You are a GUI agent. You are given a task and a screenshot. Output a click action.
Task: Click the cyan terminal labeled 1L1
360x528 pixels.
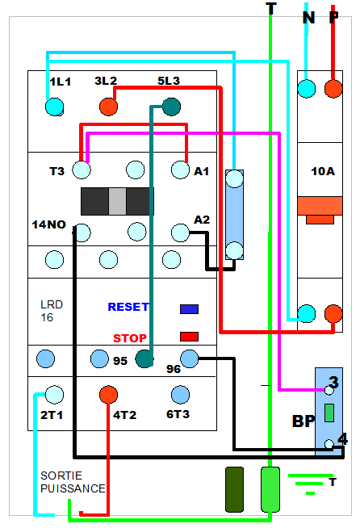(54, 107)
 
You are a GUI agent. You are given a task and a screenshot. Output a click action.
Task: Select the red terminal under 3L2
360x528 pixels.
(108, 107)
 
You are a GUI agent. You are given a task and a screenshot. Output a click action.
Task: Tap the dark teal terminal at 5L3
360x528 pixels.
(171, 107)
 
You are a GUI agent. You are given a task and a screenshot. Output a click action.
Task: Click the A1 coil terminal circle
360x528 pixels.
(180, 170)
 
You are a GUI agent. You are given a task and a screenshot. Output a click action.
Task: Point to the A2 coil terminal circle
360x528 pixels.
(180, 233)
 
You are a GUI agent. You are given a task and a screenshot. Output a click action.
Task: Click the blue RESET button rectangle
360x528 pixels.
(189, 309)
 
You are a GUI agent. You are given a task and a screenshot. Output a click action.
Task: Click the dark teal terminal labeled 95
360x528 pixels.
(144, 358)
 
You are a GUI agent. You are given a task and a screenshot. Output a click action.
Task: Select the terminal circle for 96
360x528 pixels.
(189, 358)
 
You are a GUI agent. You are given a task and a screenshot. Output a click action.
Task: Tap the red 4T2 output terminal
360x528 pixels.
(108, 395)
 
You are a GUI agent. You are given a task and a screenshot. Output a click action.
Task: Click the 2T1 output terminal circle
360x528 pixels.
(54, 395)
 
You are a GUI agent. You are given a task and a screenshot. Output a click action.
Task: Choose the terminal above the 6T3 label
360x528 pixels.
(180, 395)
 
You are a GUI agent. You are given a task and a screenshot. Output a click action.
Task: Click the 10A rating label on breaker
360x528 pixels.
(323, 171)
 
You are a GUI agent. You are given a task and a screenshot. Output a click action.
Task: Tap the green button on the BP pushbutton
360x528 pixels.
(329, 413)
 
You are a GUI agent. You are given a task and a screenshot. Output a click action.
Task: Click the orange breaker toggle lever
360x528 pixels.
(320, 209)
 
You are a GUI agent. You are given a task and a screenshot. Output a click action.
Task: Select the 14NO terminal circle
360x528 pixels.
(82, 233)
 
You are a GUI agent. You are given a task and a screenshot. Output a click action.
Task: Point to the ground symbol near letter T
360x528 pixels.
(311, 484)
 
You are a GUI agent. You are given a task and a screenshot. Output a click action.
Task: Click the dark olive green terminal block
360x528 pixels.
(234, 489)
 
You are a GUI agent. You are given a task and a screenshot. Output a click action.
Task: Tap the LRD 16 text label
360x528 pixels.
(52, 311)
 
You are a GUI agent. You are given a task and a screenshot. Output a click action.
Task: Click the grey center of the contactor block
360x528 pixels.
(118, 201)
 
